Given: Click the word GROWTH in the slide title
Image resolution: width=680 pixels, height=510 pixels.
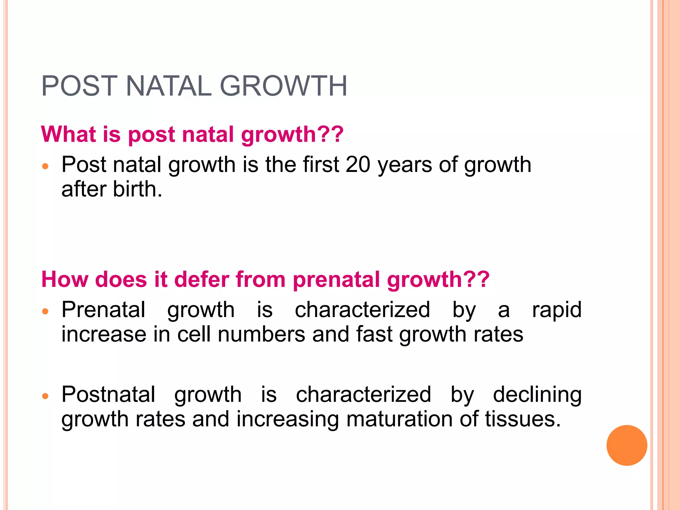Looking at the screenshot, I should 284,86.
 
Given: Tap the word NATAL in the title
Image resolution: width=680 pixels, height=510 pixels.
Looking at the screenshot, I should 169,86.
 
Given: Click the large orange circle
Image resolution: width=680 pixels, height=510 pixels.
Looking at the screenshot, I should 627,445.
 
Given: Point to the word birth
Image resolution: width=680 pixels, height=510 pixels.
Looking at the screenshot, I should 137,189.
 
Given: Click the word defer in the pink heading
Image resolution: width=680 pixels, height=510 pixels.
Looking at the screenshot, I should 202,279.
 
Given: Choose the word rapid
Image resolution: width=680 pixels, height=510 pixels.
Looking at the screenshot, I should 556,309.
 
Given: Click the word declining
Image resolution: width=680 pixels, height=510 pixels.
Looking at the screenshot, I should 537,394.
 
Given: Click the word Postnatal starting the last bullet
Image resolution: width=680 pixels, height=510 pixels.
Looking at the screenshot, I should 108,394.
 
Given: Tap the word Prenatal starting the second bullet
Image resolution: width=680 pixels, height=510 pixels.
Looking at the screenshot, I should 103,309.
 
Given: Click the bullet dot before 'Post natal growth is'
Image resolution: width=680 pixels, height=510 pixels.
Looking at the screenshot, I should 45,166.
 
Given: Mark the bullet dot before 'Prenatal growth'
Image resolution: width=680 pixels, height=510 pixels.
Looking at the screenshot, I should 45,311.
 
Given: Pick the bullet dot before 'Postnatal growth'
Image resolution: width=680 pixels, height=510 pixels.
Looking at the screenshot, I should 45,396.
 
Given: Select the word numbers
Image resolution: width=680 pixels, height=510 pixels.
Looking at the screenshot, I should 261,334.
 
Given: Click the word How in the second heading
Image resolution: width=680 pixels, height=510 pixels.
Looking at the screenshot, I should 64,279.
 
